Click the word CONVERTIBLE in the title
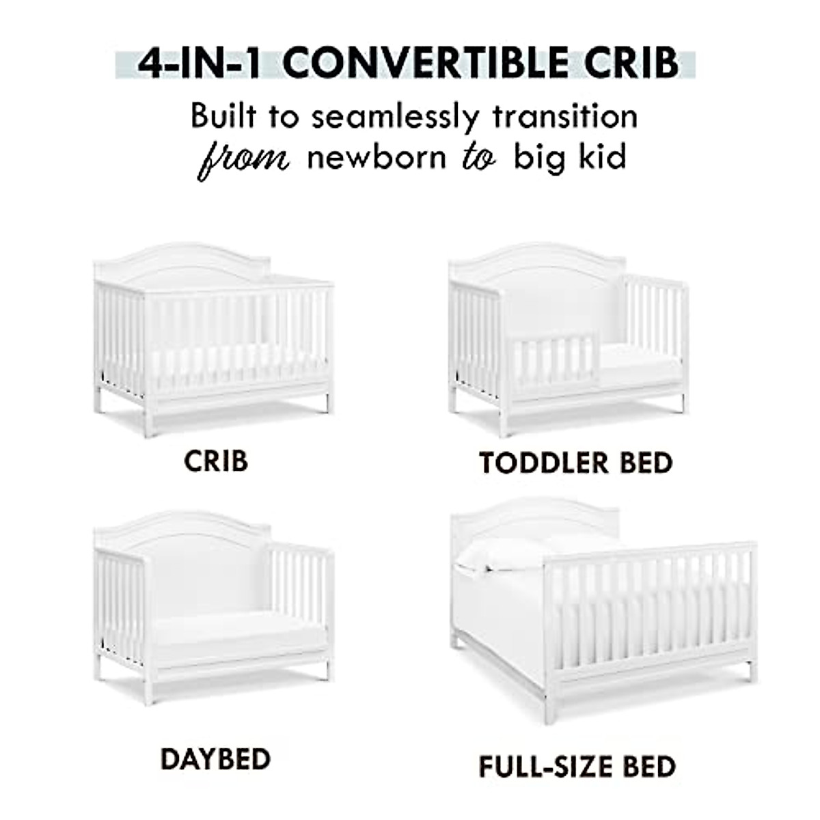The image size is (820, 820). [x=424, y=64]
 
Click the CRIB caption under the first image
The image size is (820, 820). [x=215, y=461]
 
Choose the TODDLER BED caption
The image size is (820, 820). [x=575, y=463]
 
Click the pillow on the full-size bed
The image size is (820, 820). [x=502, y=553]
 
